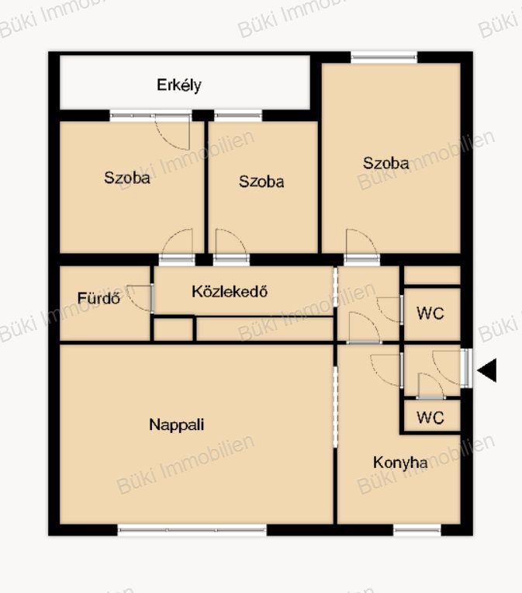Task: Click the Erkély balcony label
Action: click(179, 85)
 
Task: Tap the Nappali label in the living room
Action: click(177, 425)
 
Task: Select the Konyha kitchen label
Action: click(400, 463)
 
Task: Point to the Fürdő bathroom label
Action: click(99, 298)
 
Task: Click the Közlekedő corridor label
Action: click(230, 291)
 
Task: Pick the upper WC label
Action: click(430, 313)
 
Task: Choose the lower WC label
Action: click(430, 418)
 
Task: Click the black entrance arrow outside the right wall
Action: click(487, 370)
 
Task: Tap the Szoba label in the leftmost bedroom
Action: click(127, 178)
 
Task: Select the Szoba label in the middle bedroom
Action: click(261, 182)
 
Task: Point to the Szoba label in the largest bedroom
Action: click(386, 163)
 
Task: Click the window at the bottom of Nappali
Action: click(192, 530)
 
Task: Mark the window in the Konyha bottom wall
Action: click(417, 530)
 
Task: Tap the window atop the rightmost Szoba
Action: click(384, 57)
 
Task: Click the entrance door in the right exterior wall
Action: click(466, 368)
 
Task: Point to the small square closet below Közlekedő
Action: click(174, 329)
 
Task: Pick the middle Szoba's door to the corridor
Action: click(230, 246)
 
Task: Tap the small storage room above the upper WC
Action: click(433, 276)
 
